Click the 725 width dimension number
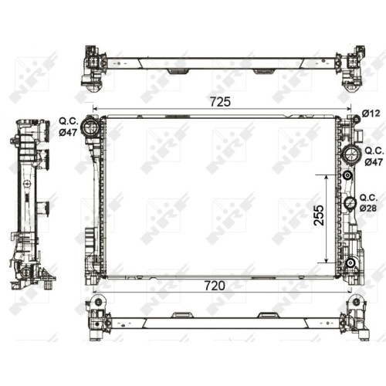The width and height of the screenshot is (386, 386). click(220, 102)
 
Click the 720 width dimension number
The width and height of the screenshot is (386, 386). click(215, 286)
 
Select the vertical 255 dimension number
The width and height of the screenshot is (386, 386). click(319, 215)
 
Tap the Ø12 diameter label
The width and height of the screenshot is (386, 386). click(371, 113)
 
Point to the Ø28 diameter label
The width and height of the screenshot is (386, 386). click(368, 208)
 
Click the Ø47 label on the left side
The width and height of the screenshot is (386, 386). click(68, 132)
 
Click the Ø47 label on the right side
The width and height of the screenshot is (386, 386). click(374, 162)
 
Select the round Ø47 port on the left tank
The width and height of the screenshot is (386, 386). click(90, 127)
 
